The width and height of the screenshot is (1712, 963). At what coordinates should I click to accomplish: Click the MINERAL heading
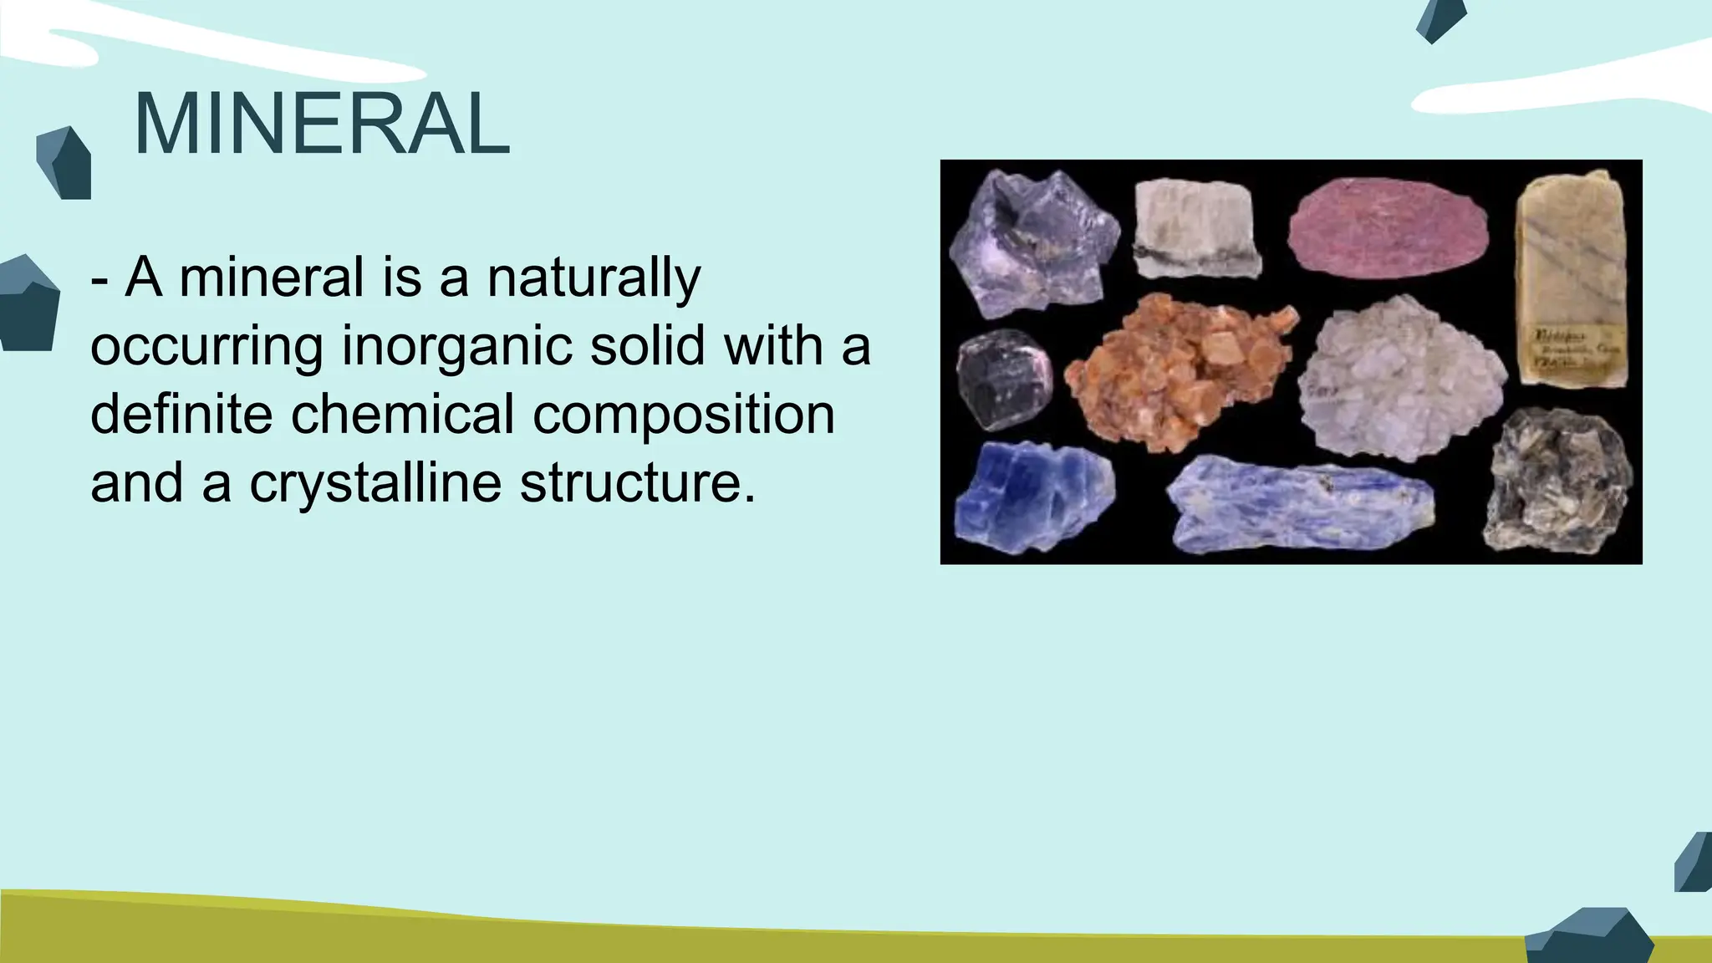[x=321, y=125]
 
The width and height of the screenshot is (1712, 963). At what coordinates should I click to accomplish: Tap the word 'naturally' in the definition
[x=594, y=278]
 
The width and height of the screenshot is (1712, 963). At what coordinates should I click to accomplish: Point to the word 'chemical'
[x=402, y=415]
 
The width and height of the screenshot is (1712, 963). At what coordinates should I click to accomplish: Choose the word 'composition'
[x=684, y=415]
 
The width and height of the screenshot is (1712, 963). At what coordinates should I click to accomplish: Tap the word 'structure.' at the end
[x=637, y=483]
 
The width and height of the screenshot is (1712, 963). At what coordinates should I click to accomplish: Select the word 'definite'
[x=181, y=415]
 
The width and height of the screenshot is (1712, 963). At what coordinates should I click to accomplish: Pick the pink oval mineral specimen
[x=1388, y=227]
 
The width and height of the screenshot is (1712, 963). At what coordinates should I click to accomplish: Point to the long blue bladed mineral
[x=1300, y=504]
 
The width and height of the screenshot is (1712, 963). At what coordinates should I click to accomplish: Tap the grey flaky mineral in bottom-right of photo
[x=1558, y=480]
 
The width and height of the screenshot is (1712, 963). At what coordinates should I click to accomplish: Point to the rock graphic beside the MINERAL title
[x=64, y=163]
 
